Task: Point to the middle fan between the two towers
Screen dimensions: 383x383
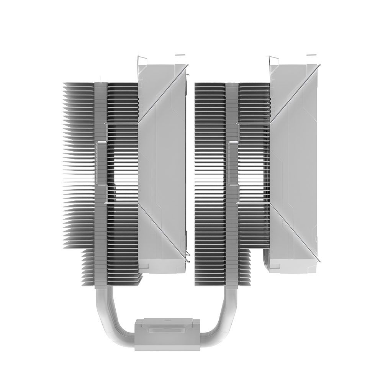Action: coord(163,161)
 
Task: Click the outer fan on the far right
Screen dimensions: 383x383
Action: coord(295,161)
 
